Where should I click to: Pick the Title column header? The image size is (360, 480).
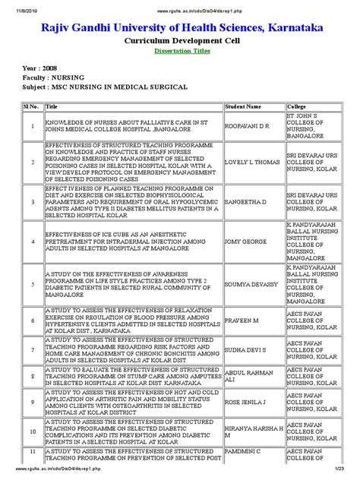(x=54, y=107)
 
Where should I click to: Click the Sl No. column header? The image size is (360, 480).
(x=33, y=107)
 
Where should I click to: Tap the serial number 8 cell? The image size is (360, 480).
(x=33, y=376)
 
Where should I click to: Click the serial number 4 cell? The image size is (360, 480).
(x=33, y=241)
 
